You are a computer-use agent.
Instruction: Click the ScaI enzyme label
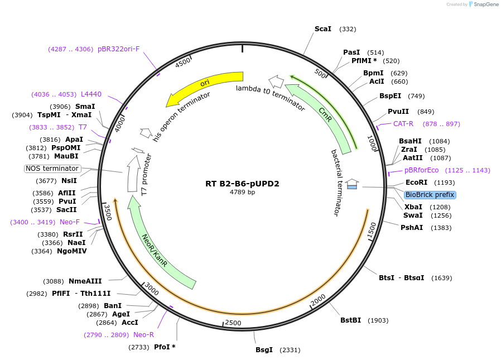[323, 29]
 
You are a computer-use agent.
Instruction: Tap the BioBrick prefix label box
[430, 195]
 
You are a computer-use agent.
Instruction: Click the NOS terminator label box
[52, 169]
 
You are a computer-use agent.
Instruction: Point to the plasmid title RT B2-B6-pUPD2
[242, 183]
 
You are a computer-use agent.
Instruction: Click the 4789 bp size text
[242, 192]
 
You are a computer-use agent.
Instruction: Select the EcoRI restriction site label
[416, 183]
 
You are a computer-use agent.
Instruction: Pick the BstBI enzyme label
[350, 320]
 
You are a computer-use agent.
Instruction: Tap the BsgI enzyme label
[264, 350]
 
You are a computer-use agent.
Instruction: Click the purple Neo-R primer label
[143, 335]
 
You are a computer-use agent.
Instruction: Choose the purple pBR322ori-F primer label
[118, 49]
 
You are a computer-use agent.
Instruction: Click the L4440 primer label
[91, 94]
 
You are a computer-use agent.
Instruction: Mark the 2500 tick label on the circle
[233, 323]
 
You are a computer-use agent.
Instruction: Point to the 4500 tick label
[183, 63]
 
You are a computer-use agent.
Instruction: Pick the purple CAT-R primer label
[403, 124]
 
